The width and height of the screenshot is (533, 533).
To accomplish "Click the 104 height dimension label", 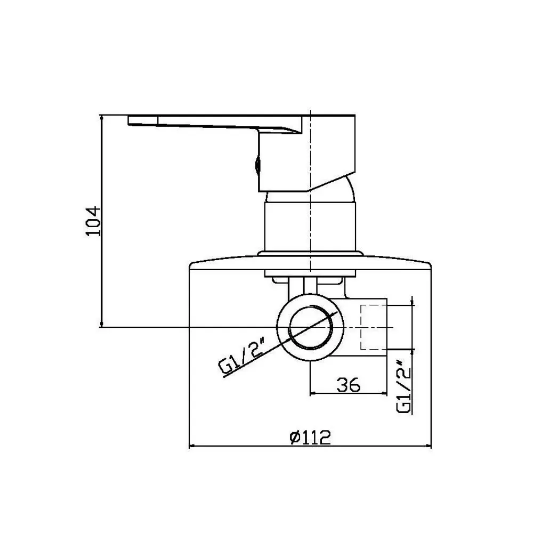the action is point(93,221).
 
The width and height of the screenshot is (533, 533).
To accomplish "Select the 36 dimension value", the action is point(348,385).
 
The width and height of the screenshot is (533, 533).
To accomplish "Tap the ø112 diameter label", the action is point(310,438).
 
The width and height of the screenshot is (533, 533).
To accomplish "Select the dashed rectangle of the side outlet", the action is point(374,327).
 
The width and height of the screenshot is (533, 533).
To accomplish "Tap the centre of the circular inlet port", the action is point(310,327).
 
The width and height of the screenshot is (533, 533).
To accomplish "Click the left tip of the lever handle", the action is point(128,120).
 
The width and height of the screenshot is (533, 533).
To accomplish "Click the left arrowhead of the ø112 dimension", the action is point(191,446).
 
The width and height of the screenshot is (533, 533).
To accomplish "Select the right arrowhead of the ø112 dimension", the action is point(429,446).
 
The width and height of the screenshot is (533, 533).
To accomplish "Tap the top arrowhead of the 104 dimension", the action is point(101,118).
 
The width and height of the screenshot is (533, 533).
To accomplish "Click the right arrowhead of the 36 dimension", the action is point(385,394).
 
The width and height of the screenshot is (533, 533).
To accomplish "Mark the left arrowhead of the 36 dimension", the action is point(312,394).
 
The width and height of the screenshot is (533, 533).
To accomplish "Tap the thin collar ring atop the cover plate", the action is point(310,254).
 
